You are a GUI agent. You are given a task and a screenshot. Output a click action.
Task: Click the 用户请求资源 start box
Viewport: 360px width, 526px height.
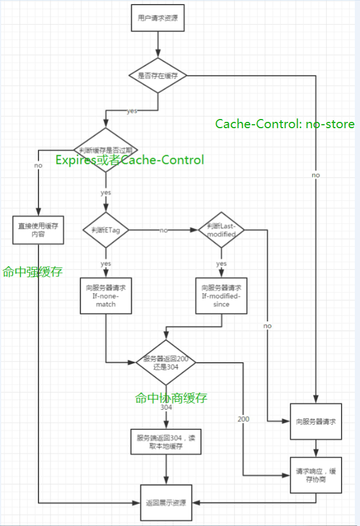(x=158, y=18)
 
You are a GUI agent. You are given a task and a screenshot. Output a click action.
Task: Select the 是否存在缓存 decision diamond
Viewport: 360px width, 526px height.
(x=158, y=75)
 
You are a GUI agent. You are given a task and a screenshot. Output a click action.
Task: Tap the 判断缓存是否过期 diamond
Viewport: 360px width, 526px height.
(x=106, y=149)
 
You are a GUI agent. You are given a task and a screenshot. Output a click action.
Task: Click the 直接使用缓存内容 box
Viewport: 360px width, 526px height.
(x=37, y=231)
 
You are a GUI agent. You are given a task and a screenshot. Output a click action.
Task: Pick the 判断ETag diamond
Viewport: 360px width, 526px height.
(x=106, y=230)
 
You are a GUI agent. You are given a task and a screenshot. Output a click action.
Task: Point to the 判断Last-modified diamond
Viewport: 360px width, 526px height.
(x=221, y=230)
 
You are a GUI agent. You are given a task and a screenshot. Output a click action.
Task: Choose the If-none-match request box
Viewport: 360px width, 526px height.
(x=106, y=295)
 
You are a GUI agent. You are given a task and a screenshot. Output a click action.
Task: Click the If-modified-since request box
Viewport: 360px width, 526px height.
(x=221, y=295)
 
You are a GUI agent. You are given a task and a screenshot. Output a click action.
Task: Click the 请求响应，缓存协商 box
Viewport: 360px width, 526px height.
(x=315, y=475)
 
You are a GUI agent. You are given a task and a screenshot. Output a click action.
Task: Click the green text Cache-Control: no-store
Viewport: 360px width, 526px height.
(x=285, y=124)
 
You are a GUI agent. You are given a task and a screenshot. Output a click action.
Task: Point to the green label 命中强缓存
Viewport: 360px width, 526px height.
(x=32, y=272)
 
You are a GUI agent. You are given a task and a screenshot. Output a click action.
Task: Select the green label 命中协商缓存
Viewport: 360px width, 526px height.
(x=171, y=398)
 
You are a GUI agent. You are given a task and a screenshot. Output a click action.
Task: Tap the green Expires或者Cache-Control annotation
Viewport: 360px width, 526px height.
(x=129, y=160)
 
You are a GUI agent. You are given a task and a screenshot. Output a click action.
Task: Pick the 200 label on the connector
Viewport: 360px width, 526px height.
(x=243, y=419)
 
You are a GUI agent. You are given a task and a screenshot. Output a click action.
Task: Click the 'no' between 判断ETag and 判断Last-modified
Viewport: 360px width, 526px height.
(x=163, y=230)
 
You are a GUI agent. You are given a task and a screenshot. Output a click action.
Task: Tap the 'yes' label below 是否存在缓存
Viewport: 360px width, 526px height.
(x=132, y=111)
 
